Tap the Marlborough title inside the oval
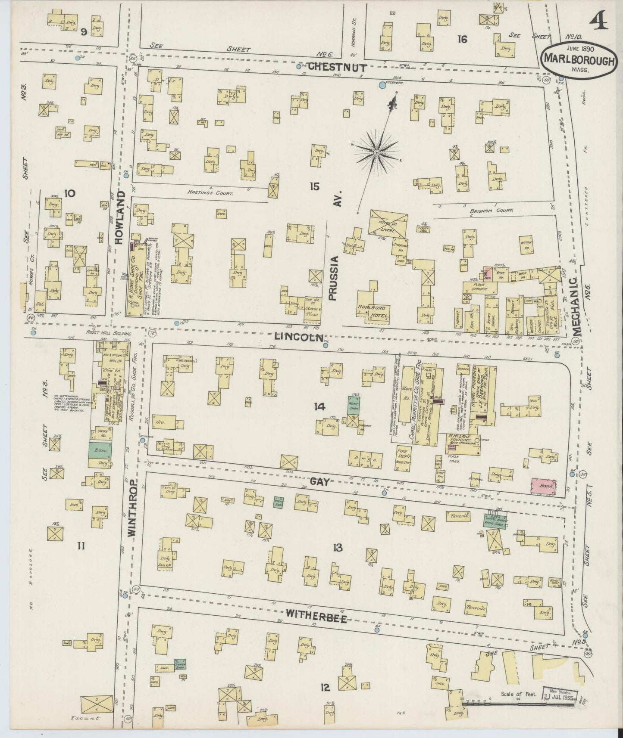point(578,60)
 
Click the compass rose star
point(376,152)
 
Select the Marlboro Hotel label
point(373,312)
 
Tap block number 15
point(314,186)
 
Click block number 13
point(337,548)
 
